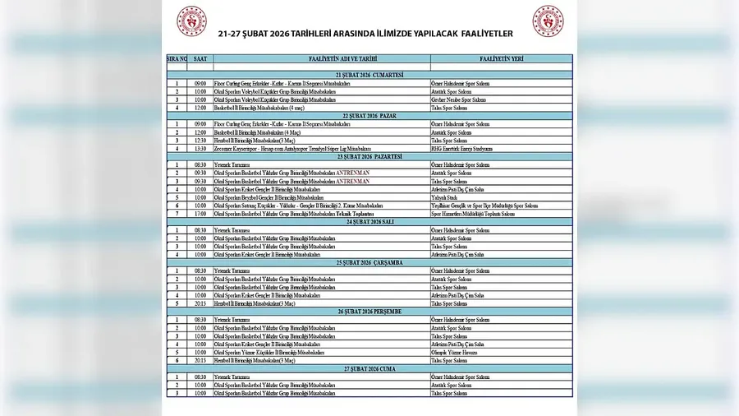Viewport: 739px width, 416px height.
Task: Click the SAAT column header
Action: coord(200,59)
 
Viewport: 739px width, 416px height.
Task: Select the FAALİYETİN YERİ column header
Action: coord(501,59)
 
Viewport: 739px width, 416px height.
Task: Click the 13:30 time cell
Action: coord(200,149)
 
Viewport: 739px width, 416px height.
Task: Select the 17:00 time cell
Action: coord(200,214)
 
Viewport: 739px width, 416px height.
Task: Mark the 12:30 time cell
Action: coord(200,141)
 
